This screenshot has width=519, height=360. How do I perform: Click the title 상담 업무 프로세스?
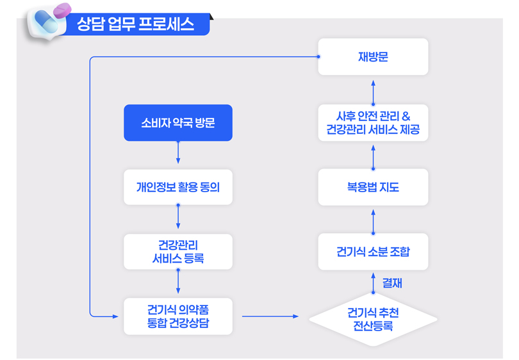pyautogui.click(x=135, y=25)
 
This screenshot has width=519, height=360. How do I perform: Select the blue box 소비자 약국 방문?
pyautogui.click(x=177, y=122)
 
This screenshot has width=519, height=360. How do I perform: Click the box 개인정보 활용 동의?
pyautogui.click(x=177, y=187)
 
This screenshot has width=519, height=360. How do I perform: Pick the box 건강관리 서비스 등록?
pyautogui.click(x=177, y=252)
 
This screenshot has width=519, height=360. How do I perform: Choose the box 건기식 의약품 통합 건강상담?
pyautogui.click(x=177, y=316)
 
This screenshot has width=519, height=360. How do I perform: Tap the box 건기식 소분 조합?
pyautogui.click(x=373, y=252)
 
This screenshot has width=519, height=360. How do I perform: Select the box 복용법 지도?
pyautogui.click(x=373, y=187)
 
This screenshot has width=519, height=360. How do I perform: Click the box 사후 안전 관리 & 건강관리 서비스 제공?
pyautogui.click(x=373, y=123)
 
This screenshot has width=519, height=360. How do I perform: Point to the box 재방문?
pyautogui.click(x=373, y=57)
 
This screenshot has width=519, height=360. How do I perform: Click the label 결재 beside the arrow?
pyautogui.click(x=392, y=282)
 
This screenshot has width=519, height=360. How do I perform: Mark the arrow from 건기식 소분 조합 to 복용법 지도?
pyautogui.click(x=373, y=219)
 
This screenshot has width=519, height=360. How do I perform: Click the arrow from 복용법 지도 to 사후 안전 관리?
pyautogui.click(x=373, y=154)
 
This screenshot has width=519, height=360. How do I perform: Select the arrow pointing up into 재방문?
pyautogui.click(x=373, y=90)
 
